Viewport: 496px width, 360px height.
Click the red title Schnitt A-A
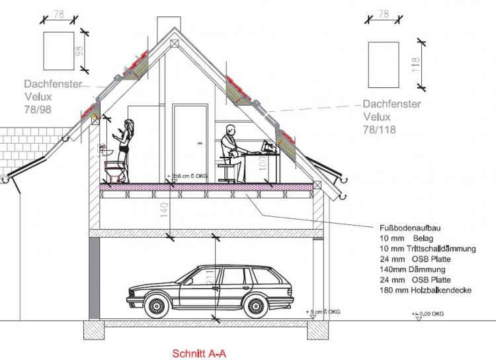(x=199, y=353)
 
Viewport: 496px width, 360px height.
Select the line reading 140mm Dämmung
(x=412, y=269)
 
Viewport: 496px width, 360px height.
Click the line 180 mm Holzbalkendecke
(x=425, y=291)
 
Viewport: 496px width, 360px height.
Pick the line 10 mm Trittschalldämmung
(x=428, y=248)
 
